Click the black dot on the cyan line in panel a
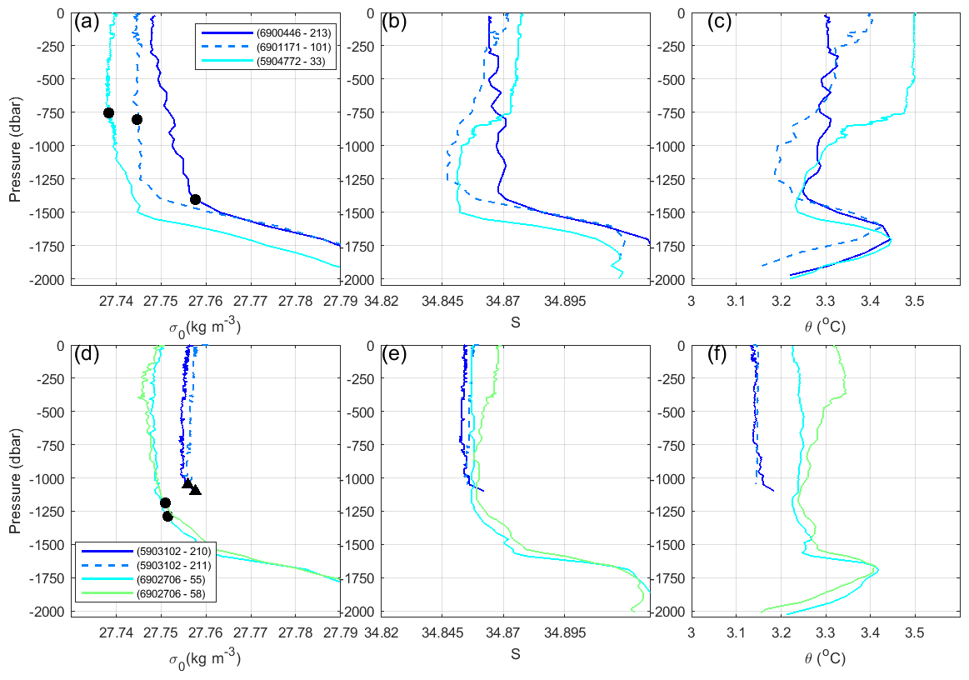click(108, 112)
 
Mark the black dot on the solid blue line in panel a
click(195, 199)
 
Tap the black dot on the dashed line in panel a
click(137, 119)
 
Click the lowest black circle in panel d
click(167, 517)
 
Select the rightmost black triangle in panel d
click(195, 490)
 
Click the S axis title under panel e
click(515, 655)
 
